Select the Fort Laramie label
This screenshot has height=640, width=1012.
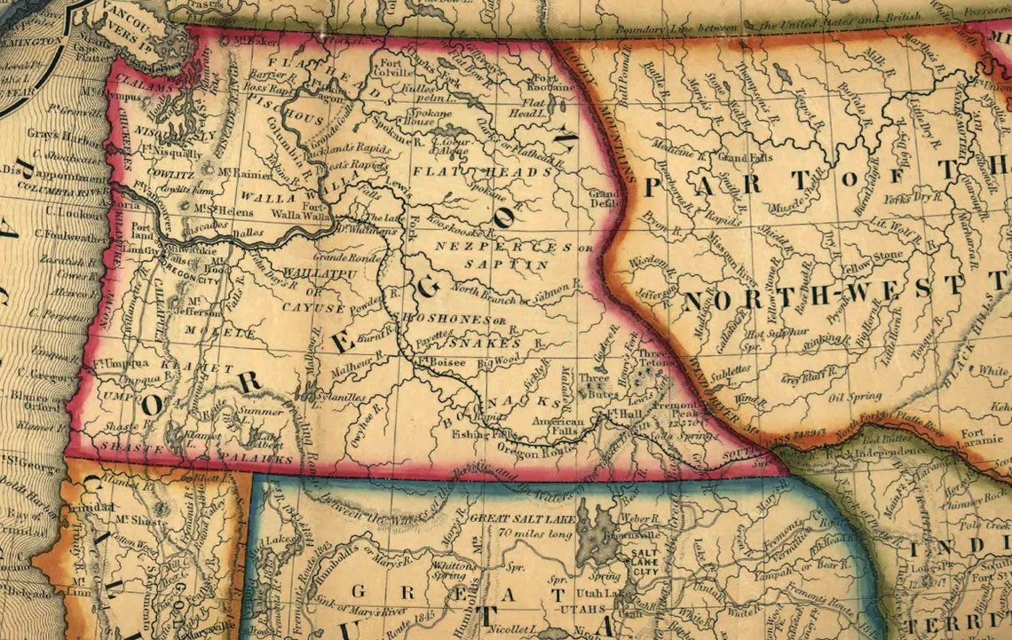(x=981, y=439)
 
